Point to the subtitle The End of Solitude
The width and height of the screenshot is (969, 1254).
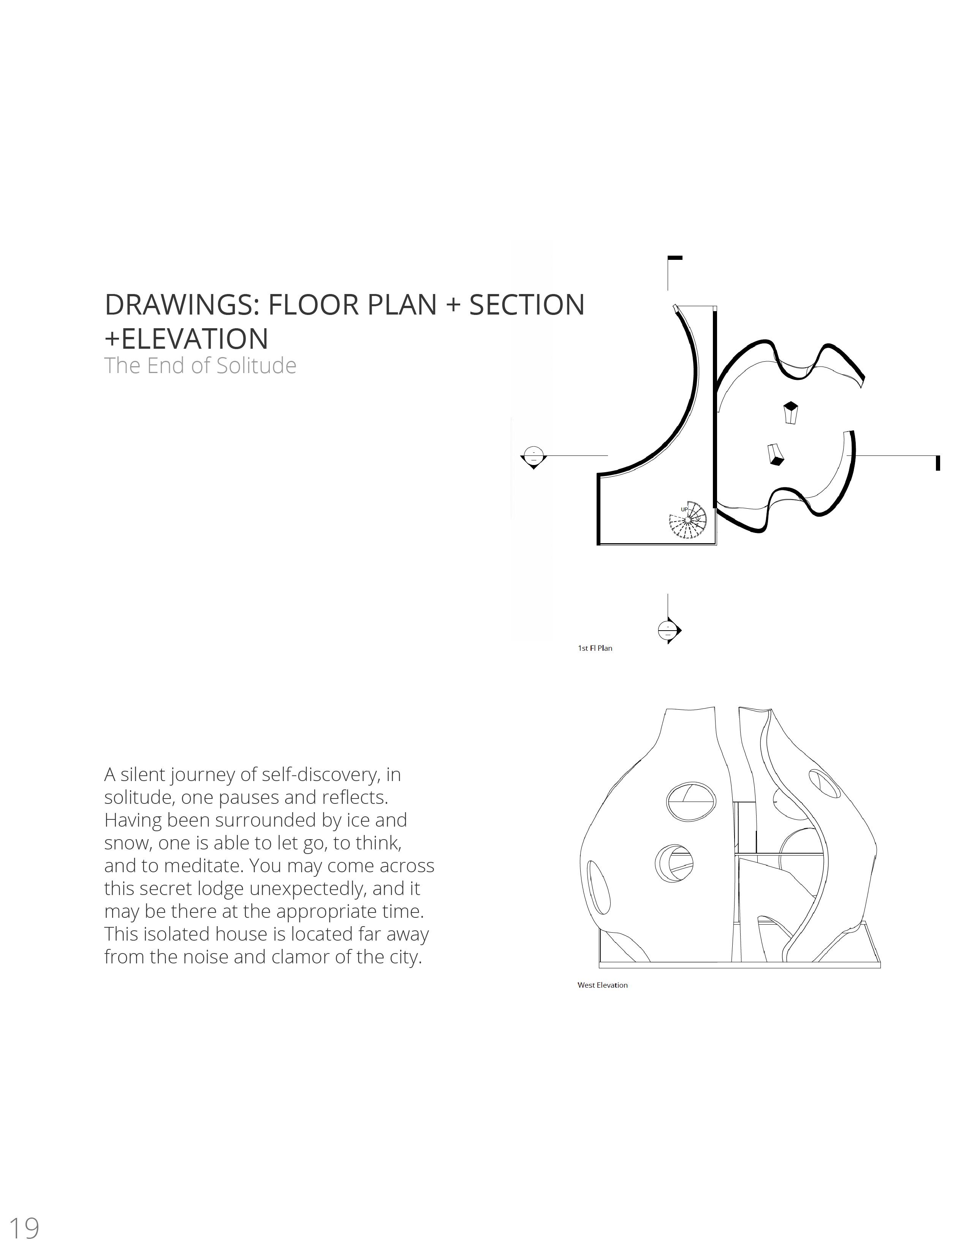coord(200,366)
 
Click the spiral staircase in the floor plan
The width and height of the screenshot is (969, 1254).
coord(687,520)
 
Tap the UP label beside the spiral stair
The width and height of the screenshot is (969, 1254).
coord(684,509)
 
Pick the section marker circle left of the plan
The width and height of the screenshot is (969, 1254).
coord(534,455)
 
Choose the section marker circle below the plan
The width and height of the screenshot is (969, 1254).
coord(666,631)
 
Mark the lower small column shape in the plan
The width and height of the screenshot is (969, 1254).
coord(776,454)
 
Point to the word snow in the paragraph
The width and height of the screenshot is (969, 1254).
coord(127,843)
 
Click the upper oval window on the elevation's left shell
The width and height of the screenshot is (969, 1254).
coord(692,800)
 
